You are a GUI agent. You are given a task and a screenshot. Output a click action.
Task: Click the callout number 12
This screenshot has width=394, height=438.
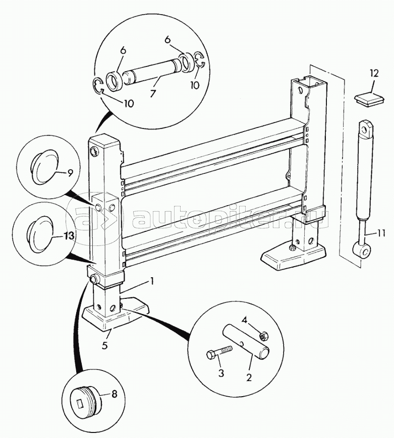click(x=374, y=73)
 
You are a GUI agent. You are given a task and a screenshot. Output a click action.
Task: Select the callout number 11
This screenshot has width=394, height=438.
click(x=379, y=232)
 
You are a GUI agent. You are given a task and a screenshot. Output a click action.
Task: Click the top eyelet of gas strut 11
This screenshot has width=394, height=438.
click(x=365, y=129)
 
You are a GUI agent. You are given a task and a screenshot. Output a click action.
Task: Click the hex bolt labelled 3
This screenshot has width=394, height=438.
click(x=219, y=352)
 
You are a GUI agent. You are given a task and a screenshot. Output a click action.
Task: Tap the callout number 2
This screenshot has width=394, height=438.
click(x=249, y=378)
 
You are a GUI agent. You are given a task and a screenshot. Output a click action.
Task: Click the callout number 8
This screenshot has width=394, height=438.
click(x=114, y=394)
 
